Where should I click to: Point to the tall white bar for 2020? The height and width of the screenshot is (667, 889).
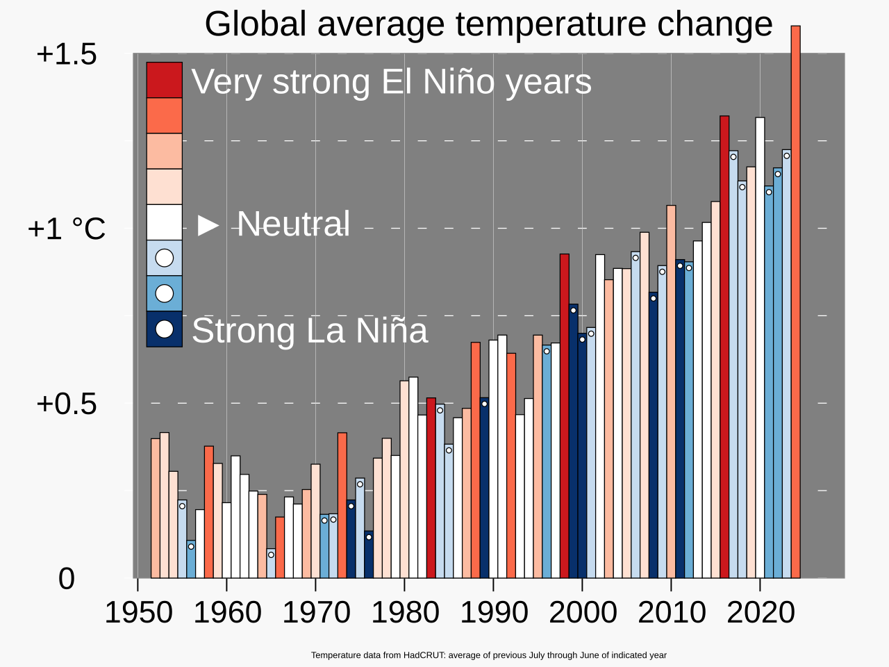pos(760,347)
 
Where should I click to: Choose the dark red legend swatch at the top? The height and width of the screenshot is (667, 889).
pos(164,80)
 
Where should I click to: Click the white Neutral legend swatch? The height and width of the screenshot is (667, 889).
pos(164,222)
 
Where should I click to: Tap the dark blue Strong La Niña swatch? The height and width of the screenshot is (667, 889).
pos(164,329)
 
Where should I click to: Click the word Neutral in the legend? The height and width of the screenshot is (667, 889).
pos(293,224)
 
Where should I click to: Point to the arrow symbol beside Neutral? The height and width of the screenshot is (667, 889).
pos(208,224)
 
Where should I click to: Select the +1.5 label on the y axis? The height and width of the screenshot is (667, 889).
pos(67,54)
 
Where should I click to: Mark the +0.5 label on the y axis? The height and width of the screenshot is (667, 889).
pos(67,404)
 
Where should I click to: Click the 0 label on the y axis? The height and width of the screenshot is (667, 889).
pos(67,578)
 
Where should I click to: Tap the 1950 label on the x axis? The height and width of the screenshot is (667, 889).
pos(138,613)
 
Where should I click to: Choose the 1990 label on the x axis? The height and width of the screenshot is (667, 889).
pos(494,613)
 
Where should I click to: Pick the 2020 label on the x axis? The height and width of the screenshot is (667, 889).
pos(761,613)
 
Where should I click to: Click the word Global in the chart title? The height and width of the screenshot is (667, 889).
pos(256,24)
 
